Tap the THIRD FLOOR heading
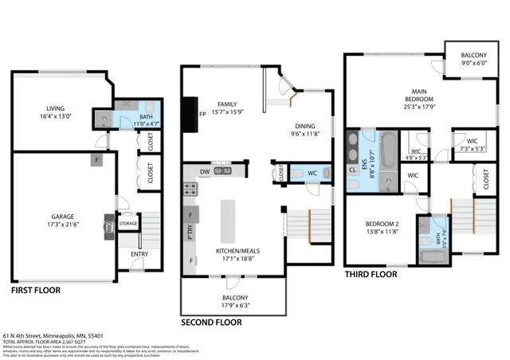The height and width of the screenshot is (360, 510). point(371,274)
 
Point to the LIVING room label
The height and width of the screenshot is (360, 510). point(54,108)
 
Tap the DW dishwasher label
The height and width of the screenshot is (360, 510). point(205,171)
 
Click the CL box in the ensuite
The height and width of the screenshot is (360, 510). point(354,170)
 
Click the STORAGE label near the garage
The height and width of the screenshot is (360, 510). point(128,224)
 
